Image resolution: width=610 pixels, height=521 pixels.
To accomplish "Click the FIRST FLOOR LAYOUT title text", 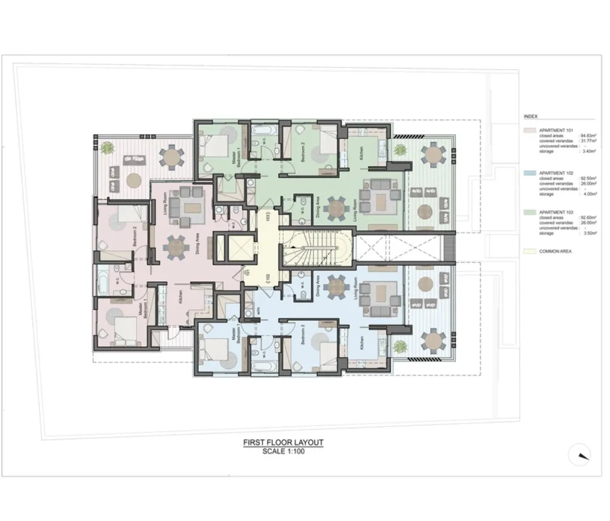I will coord(283,442).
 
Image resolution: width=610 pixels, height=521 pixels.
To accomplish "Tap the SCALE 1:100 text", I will coord(283,452).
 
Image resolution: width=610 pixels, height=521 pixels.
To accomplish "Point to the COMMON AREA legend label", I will coord(555,251).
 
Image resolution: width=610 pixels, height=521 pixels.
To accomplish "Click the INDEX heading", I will coord(531,117).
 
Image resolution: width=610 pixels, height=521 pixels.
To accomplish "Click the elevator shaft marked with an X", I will coord(236,248).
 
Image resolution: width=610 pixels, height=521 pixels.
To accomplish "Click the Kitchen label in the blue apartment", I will coord(361,344).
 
